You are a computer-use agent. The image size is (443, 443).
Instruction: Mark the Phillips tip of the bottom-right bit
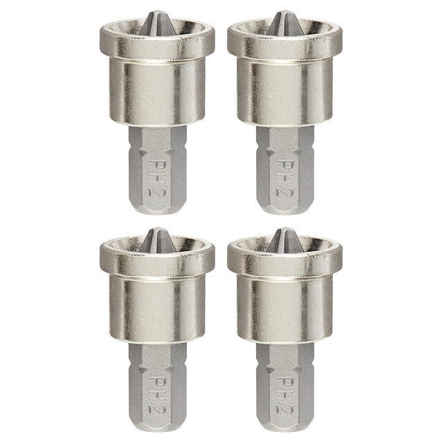[284, 239]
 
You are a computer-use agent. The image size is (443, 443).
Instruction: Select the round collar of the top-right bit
[284, 87]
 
